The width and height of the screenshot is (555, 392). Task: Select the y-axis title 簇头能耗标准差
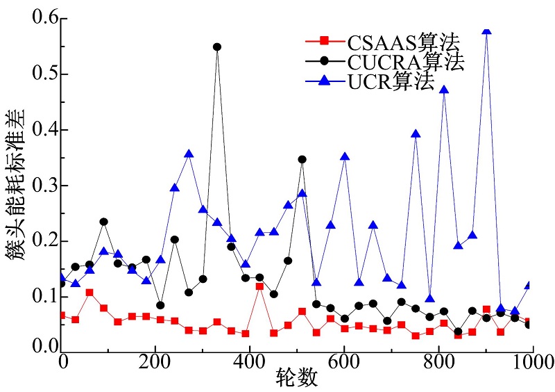click(16, 184)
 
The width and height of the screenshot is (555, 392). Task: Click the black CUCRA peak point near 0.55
click(217, 47)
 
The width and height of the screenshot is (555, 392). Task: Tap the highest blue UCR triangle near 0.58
click(486, 30)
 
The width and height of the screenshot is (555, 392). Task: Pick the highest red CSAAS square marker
click(259, 286)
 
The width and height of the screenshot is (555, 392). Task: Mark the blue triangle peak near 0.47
click(444, 90)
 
